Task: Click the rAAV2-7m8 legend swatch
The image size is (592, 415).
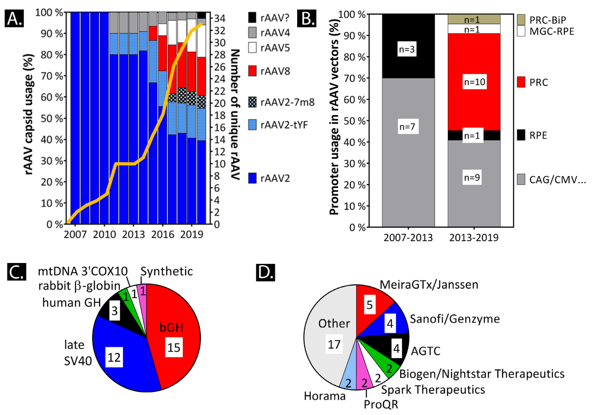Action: click(252, 102)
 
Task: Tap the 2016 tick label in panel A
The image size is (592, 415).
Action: click(162, 234)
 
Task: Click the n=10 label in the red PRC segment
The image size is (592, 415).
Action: click(474, 82)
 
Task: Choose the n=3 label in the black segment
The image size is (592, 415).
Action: click(407, 49)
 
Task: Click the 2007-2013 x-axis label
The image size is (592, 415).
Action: click(408, 238)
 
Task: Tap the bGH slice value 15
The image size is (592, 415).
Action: click(174, 347)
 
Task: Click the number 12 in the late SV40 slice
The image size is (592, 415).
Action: click(114, 357)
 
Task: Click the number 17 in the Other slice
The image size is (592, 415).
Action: click(334, 344)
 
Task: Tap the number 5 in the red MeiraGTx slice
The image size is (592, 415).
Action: click(370, 305)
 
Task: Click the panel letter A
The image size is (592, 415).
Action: click(14, 19)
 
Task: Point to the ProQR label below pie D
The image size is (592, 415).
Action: click(381, 404)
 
